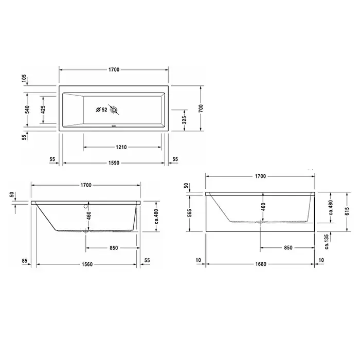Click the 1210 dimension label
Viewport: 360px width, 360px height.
coord(121,147)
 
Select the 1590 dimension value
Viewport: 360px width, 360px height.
coord(114,163)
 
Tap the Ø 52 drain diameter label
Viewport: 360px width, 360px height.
coord(102,110)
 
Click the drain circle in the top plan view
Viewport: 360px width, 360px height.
coord(114,110)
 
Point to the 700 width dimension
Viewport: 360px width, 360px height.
coord(201,109)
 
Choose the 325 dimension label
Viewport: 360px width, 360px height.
coord(184,120)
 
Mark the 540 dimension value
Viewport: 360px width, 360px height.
coord(27,110)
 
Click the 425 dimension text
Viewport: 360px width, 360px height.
coord(43,110)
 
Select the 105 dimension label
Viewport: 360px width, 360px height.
coord(24,79)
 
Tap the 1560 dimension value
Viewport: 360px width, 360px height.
coord(87,264)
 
